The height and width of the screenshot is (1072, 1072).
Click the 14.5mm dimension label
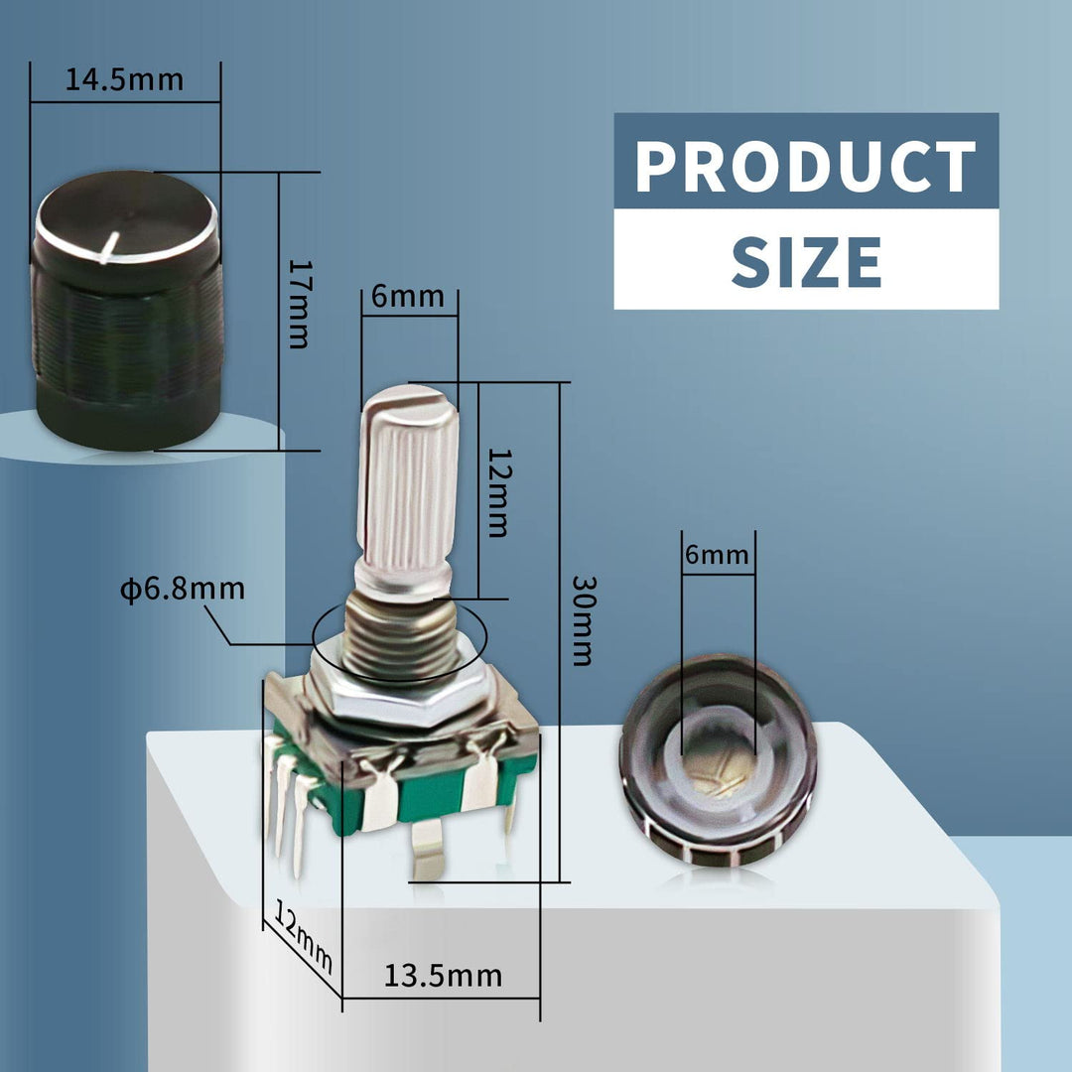coord(124,80)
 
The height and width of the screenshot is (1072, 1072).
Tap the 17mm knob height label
coord(299,305)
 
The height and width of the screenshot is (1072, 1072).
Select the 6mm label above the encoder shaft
coord(408,296)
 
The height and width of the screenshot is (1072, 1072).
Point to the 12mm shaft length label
coord(499,492)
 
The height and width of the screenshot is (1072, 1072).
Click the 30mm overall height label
coord(584,620)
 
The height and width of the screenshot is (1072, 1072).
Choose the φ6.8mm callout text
coord(183,589)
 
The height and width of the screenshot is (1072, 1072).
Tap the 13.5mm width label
coord(443,976)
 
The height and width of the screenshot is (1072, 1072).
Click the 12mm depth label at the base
coord(303,935)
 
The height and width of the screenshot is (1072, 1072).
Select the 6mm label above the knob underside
coord(717,554)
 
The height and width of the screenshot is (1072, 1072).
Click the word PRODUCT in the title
coord(805,166)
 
